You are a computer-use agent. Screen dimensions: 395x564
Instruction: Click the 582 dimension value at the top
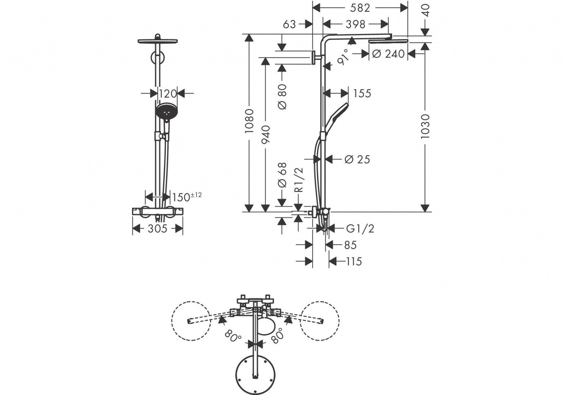pos(360,8)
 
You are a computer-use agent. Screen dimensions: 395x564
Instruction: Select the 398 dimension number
pos(355,24)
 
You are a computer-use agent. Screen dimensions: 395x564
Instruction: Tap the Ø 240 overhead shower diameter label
pos(388,54)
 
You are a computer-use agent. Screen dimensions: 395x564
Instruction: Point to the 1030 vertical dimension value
pos(425,126)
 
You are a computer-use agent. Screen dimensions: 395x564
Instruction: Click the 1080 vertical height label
pos(249,121)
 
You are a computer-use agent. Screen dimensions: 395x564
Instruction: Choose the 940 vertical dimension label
pos(266,134)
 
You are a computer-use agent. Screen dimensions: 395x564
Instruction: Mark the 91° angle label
pos(343,57)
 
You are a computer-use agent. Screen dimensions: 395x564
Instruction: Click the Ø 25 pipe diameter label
pos(357,159)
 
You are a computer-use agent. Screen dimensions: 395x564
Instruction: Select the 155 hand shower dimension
pos(362,93)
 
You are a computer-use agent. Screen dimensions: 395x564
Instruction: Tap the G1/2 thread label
pos(360,229)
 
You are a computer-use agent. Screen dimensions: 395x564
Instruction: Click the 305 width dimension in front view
pos(157,229)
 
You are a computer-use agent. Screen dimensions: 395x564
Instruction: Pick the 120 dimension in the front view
pos(168,94)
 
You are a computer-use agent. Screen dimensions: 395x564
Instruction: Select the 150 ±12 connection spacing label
pos(186,197)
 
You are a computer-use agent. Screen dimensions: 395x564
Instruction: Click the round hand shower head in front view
pos(167,111)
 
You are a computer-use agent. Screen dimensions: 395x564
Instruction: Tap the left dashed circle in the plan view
pos(191,321)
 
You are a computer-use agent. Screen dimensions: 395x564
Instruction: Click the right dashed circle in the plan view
pos(319,321)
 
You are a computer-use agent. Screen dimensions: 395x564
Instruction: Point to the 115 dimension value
pos(353,261)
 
